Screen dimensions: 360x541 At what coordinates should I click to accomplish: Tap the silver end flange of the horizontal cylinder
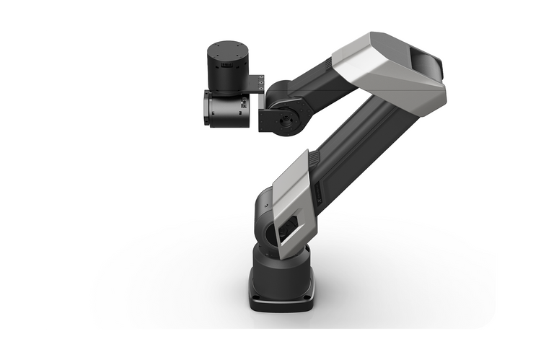(x=206, y=109)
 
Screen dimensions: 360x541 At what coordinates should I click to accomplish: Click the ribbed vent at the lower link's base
(x=315, y=157)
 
